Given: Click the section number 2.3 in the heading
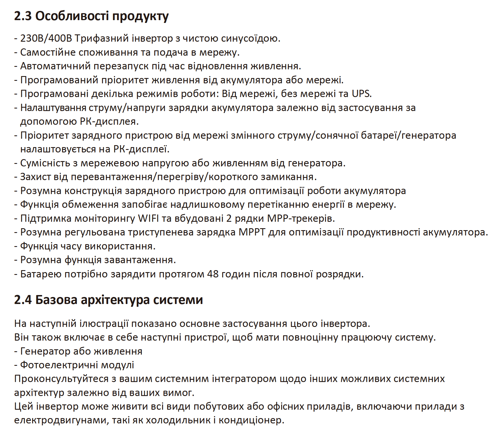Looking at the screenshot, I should (23, 16).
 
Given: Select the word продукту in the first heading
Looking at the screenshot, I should (140, 16).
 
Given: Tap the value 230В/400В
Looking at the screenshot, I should (46, 38).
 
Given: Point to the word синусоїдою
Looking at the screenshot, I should (251, 38).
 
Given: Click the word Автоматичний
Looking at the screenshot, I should (55, 66).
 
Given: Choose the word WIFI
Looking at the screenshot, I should (148, 218).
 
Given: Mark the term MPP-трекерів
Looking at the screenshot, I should (301, 218).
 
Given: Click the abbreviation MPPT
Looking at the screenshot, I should (252, 232).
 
